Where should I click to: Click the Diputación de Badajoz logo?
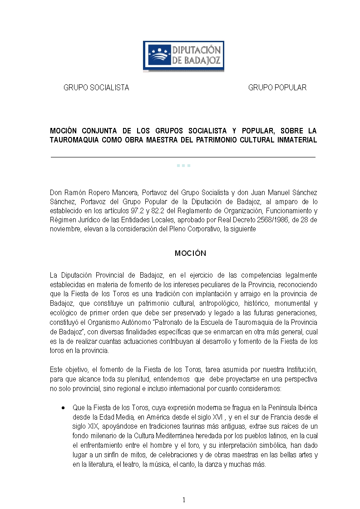pos(183,56)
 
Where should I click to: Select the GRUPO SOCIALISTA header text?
pos(96,88)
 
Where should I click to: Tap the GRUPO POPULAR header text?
pos(277,88)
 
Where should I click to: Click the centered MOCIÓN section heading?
pos(190,253)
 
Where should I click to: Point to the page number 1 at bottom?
pos(184,500)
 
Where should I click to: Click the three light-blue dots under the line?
pos(183,166)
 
